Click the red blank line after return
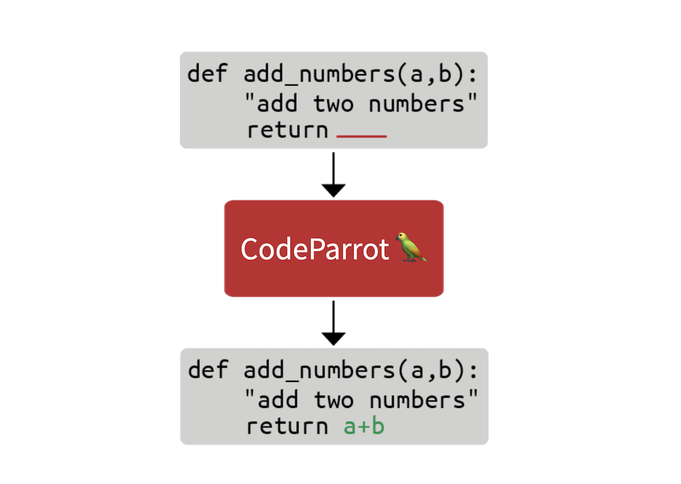[x=361, y=137]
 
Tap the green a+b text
[x=364, y=426]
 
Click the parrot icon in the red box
[x=411, y=247]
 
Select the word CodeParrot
[x=314, y=249]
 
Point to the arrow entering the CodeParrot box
[x=334, y=175]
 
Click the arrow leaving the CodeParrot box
[x=334, y=323]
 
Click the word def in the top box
[x=207, y=73]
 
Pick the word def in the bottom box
[x=208, y=369]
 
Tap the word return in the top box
[x=287, y=130]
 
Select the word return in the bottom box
[x=287, y=426]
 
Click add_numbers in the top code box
[x=320, y=74]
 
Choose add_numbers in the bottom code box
[x=320, y=370]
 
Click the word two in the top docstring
[x=334, y=104]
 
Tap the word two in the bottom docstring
[x=334, y=400]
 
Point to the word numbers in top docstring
[x=417, y=103]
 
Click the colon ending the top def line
[x=473, y=75]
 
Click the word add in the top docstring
[x=277, y=103]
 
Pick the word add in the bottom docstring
[x=278, y=399]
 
